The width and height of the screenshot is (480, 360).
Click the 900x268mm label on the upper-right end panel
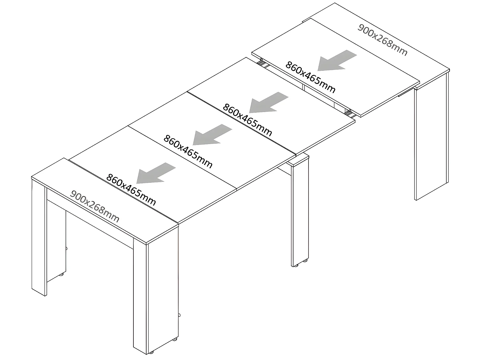pyautogui.click(x=382, y=40)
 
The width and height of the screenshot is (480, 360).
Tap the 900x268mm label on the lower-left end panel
pyautogui.click(x=95, y=207)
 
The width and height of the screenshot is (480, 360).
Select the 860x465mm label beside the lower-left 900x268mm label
pyautogui.click(x=131, y=190)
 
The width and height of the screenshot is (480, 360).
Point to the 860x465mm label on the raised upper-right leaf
pyautogui.click(x=310, y=77)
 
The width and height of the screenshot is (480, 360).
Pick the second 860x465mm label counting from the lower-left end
pyautogui.click(x=188, y=152)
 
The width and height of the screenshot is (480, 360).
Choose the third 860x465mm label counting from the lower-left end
pyautogui.click(x=247, y=120)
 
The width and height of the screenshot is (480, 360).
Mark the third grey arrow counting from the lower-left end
pyautogui.click(x=268, y=102)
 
